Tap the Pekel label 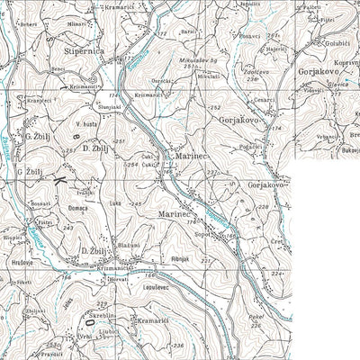click(x=258, y=318)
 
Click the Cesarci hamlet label click(x=264, y=100)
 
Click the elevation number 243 click(x=42, y=228)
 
